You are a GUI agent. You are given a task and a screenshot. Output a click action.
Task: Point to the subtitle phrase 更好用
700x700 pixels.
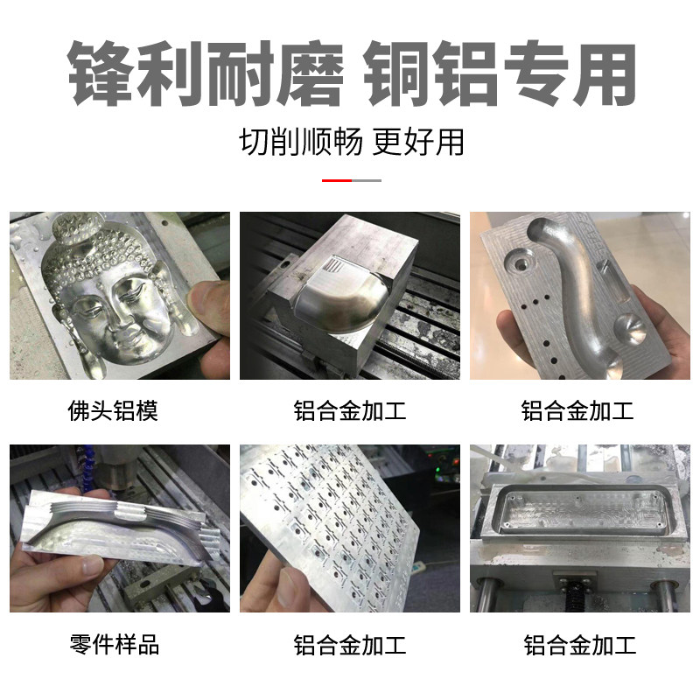418,142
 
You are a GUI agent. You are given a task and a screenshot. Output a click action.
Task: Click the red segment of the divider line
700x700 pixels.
336,180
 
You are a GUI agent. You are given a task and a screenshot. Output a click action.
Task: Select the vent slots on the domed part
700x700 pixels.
332,267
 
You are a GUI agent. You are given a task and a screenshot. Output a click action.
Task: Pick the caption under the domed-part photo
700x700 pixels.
350,410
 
